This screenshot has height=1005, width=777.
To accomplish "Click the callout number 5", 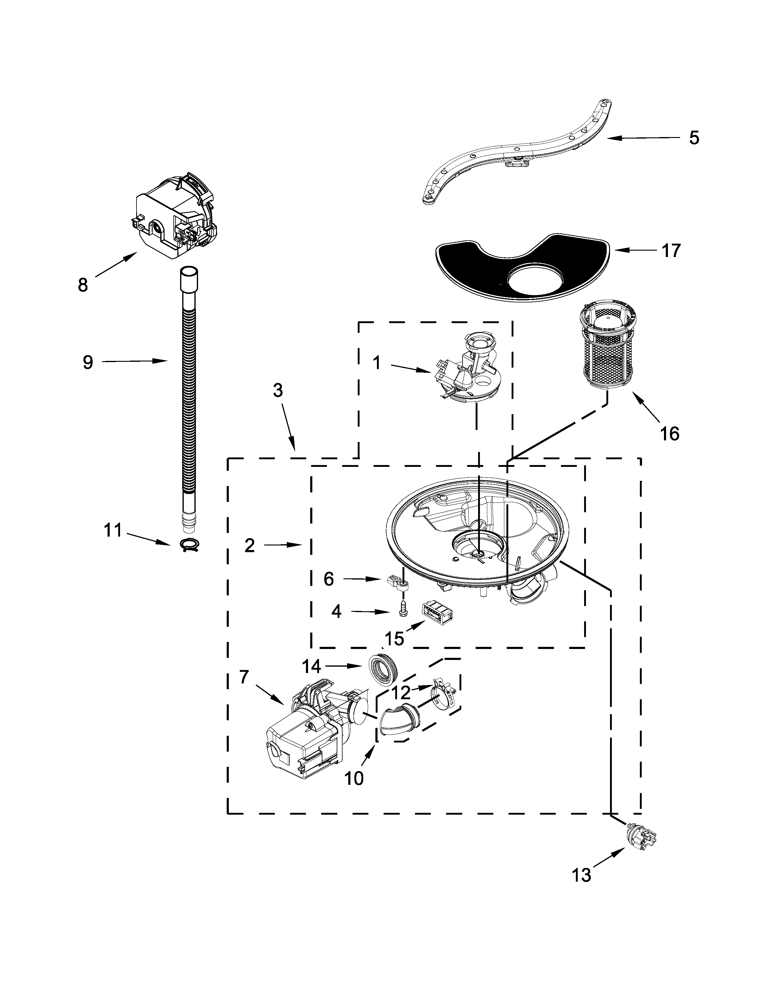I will (x=694, y=138).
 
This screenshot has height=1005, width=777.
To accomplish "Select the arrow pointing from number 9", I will (x=133, y=362).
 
